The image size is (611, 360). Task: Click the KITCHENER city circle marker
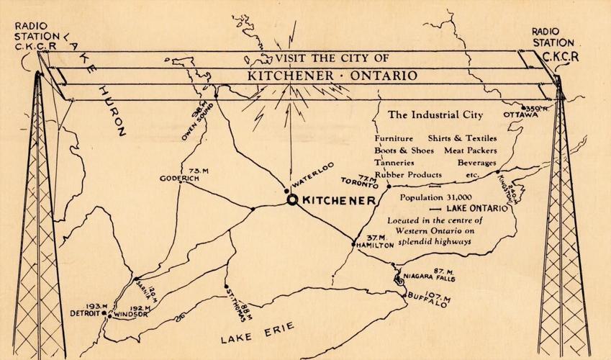tap(292, 200)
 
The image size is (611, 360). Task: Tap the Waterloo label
tap(313, 176)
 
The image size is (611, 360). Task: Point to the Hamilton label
tap(375, 246)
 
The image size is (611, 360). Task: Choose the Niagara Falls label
tap(427, 277)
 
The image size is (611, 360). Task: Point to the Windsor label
tap(130, 314)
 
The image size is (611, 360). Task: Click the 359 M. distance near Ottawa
tap(538, 107)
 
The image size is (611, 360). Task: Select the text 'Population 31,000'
tap(435, 197)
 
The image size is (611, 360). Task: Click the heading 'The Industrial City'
tap(435, 114)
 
